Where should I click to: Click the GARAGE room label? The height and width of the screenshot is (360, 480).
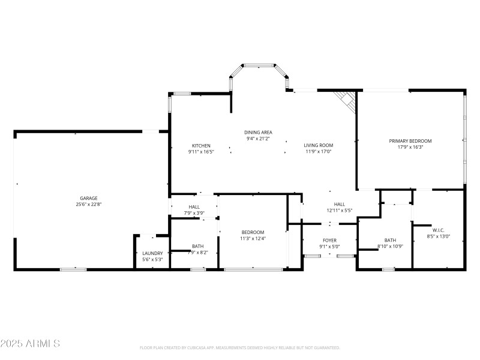pyautogui.click(x=89, y=198)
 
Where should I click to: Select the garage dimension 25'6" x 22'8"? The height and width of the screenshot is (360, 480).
pyautogui.click(x=89, y=205)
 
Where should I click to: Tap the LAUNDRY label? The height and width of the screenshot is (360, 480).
pyautogui.click(x=152, y=253)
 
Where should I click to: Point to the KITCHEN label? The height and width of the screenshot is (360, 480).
pyautogui.click(x=201, y=146)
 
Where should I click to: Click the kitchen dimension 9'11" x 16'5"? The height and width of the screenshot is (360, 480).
pyautogui.click(x=201, y=152)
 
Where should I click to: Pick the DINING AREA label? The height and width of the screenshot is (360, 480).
pyautogui.click(x=259, y=132)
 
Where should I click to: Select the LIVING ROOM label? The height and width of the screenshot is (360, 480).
pyautogui.click(x=318, y=145)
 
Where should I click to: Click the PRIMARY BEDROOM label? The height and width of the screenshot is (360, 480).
pyautogui.click(x=410, y=141)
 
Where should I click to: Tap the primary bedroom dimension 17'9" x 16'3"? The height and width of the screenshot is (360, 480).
pyautogui.click(x=410, y=147)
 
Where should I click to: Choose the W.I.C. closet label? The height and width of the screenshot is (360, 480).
pyautogui.click(x=437, y=230)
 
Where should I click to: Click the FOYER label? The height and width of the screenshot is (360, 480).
pyautogui.click(x=330, y=240)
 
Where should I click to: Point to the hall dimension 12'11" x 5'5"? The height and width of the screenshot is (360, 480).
pyautogui.click(x=339, y=211)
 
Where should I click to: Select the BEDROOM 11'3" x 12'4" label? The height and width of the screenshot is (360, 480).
pyautogui.click(x=253, y=232)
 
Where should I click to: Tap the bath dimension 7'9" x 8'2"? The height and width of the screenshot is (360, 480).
pyautogui.click(x=197, y=253)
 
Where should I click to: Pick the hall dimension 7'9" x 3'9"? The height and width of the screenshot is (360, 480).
pyautogui.click(x=194, y=212)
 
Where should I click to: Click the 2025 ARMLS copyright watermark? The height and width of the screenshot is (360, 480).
pyautogui.click(x=30, y=344)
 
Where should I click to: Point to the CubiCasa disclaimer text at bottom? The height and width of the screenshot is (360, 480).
pyautogui.click(x=240, y=347)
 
